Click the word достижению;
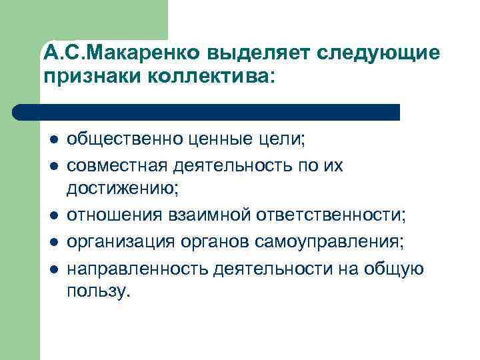coord(123,190)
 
